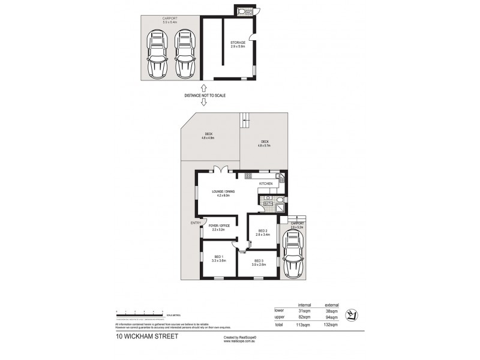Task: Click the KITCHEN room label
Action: [266, 183]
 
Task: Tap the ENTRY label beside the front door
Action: [195, 223]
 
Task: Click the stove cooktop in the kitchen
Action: [248, 176]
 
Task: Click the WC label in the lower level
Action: [242, 11]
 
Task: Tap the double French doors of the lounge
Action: [221, 169]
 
